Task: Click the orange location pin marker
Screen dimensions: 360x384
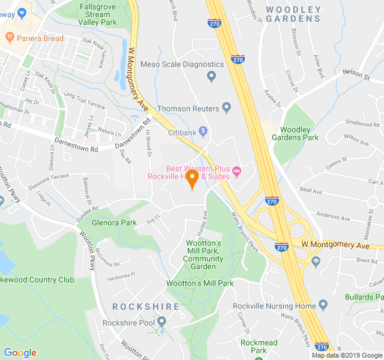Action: pyautogui.click(x=192, y=178)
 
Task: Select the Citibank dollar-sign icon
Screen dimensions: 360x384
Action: pyautogui.click(x=203, y=131)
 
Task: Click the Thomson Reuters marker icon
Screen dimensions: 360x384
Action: pyautogui.click(x=226, y=108)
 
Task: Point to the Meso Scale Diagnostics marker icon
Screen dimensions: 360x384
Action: pyautogui.click(x=211, y=76)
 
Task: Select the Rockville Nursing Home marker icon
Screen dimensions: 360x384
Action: pyautogui.click(x=323, y=305)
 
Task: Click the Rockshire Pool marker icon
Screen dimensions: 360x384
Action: pyautogui.click(x=161, y=323)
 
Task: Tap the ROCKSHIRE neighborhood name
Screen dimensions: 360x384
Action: pyautogui.click(x=146, y=307)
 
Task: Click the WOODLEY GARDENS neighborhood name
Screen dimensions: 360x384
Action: pyautogui.click(x=293, y=14)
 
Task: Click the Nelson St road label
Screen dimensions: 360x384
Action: pyautogui.click(x=356, y=74)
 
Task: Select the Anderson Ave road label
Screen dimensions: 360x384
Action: pyautogui.click(x=332, y=216)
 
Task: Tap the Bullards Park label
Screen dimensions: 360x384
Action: pyautogui.click(x=364, y=296)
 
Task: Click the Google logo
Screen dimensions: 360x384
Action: pyautogui.click(x=20, y=353)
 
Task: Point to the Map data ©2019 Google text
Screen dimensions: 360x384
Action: pyautogui.click(x=346, y=355)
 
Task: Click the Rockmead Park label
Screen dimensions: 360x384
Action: pyautogui.click(x=259, y=346)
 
